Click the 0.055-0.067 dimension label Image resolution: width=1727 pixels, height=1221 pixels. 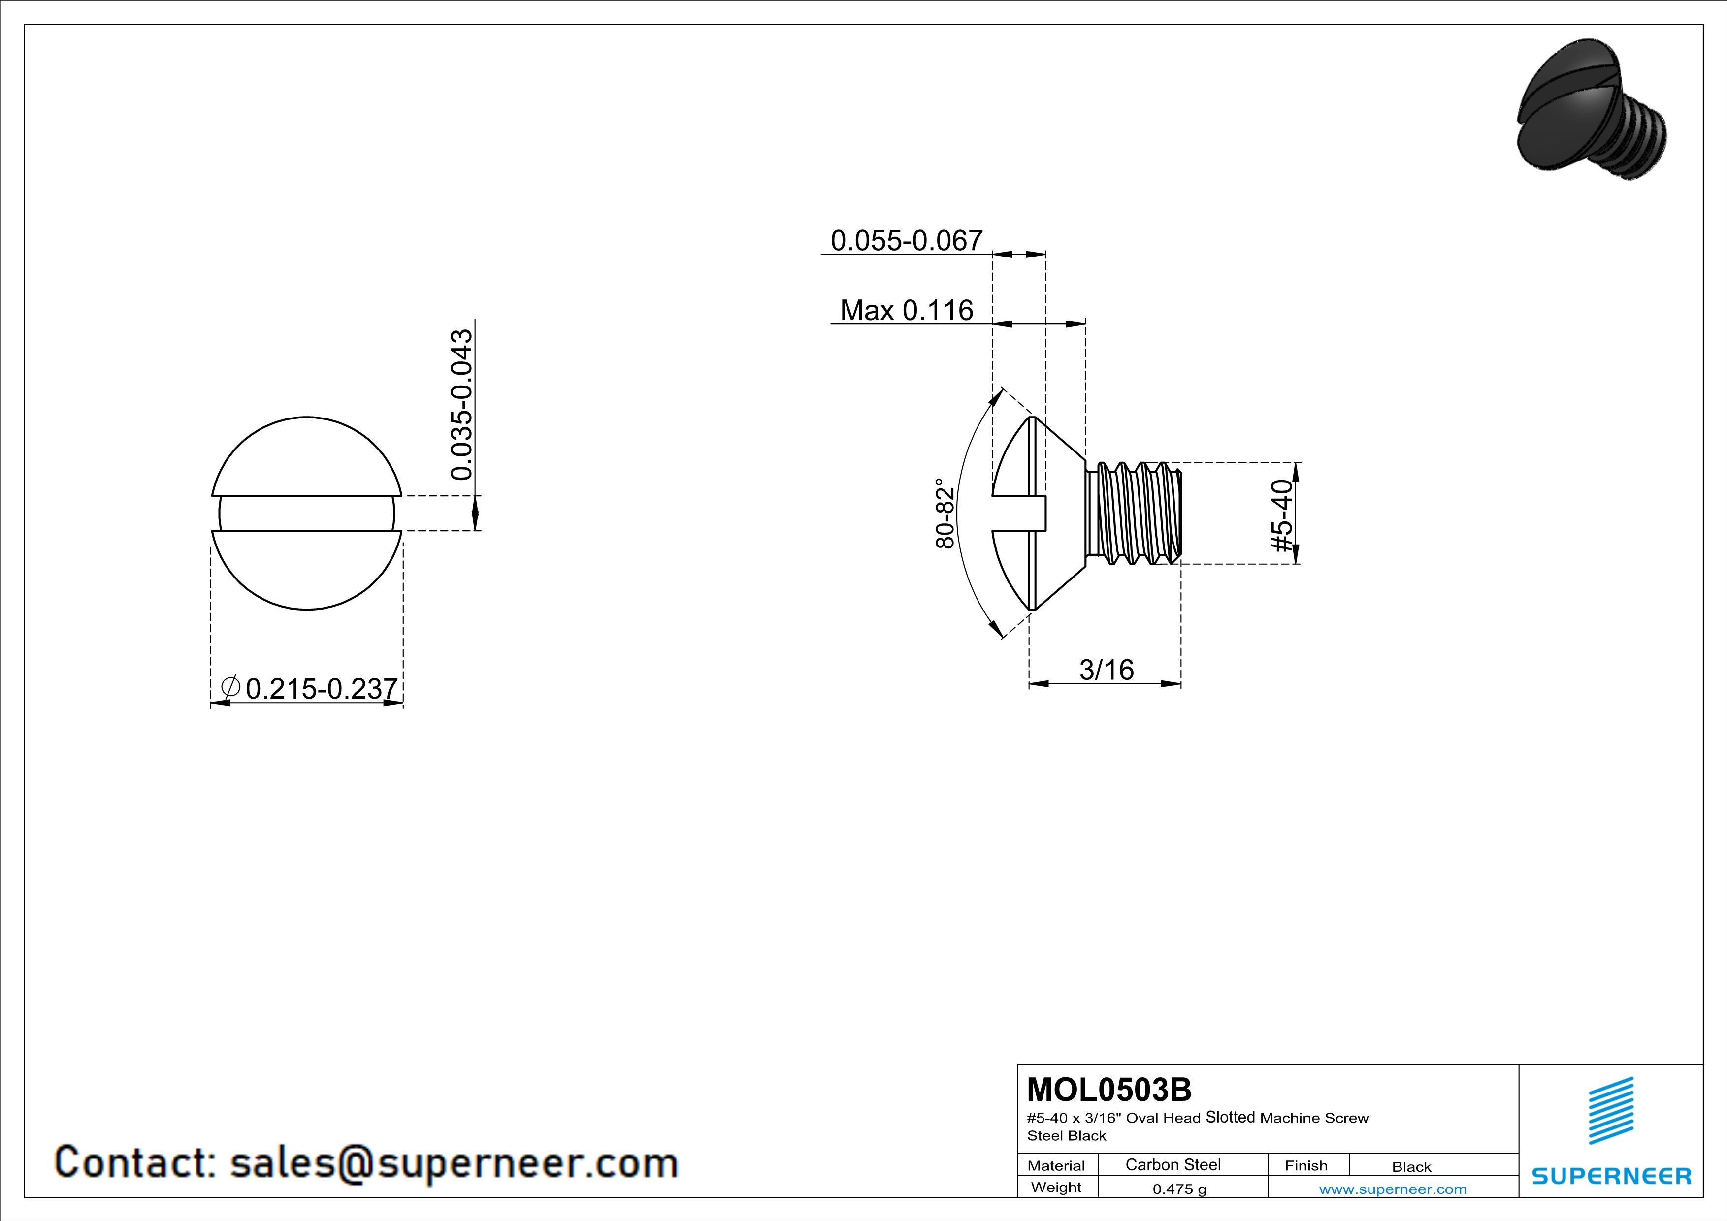click(x=907, y=241)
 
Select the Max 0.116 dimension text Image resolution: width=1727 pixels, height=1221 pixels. click(x=907, y=310)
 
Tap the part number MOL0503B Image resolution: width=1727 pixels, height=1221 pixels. click(x=1109, y=1090)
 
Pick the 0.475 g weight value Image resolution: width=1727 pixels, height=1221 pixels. click(x=1179, y=1189)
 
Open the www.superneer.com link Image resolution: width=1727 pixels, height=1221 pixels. click(x=1392, y=1189)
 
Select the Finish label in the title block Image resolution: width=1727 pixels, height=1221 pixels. click(x=1306, y=1165)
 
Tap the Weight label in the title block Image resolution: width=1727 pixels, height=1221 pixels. click(x=1056, y=1187)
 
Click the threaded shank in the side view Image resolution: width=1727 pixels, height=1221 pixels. click(x=1133, y=513)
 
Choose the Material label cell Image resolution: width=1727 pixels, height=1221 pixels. click(x=1056, y=1165)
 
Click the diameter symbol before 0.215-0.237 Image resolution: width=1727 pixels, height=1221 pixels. click(x=230, y=686)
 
